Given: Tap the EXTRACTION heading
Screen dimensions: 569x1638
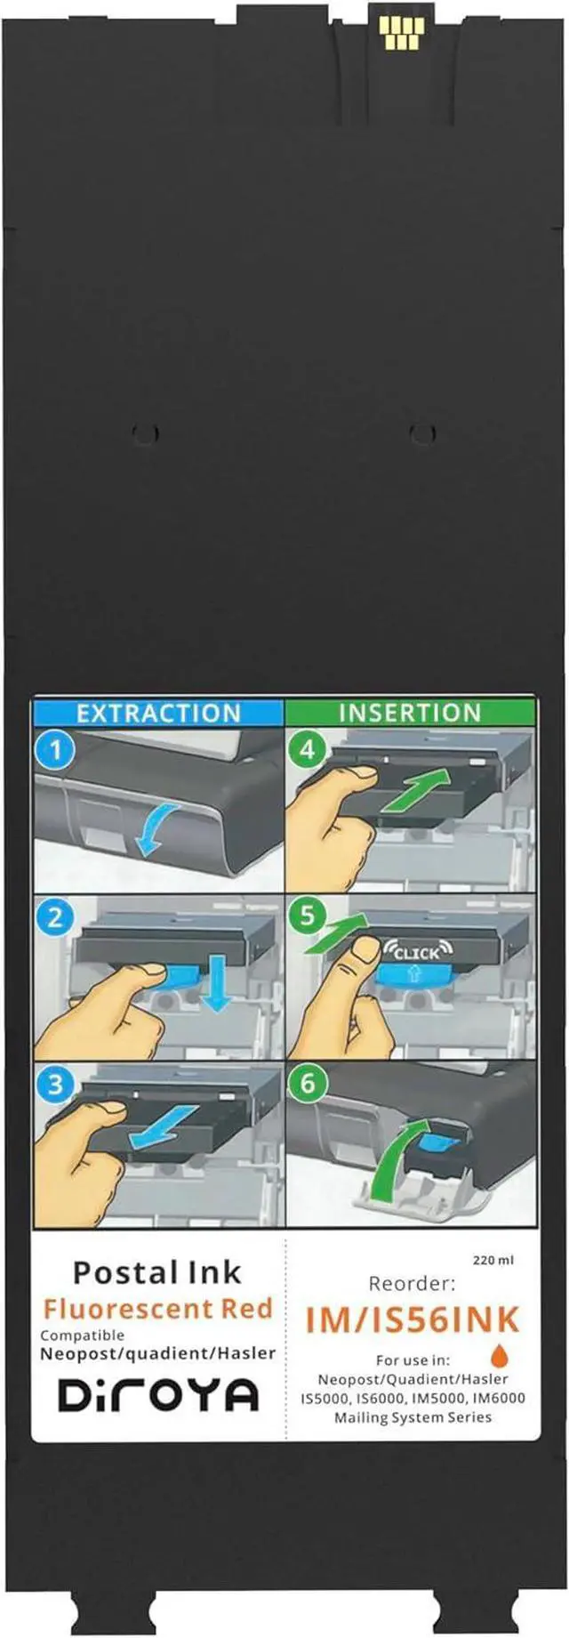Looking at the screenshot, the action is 158,713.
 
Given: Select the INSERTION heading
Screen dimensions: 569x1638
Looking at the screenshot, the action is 410,713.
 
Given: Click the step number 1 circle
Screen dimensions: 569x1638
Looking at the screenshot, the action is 55,750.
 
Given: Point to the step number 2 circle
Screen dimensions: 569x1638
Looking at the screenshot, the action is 55,917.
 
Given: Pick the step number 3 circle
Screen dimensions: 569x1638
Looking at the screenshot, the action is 55,1085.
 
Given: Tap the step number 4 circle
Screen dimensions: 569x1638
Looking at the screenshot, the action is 308,750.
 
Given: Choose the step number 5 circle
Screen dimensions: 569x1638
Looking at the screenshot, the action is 308,916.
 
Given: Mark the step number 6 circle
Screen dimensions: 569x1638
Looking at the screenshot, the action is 308,1084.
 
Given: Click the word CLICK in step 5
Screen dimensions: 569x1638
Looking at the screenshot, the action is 417,953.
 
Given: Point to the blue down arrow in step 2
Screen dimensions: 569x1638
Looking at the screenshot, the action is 214,988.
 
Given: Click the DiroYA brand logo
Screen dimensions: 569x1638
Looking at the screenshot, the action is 158,1394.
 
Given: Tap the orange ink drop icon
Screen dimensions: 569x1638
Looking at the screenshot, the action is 500,1355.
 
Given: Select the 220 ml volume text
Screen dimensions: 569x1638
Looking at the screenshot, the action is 493,1260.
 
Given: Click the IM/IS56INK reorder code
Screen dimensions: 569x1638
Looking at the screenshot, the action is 412,1320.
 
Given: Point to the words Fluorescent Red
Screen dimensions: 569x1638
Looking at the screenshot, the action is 157,1309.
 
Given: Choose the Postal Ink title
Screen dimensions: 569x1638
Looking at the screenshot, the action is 156,1272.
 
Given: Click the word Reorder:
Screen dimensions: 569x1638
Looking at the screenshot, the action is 412,1284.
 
